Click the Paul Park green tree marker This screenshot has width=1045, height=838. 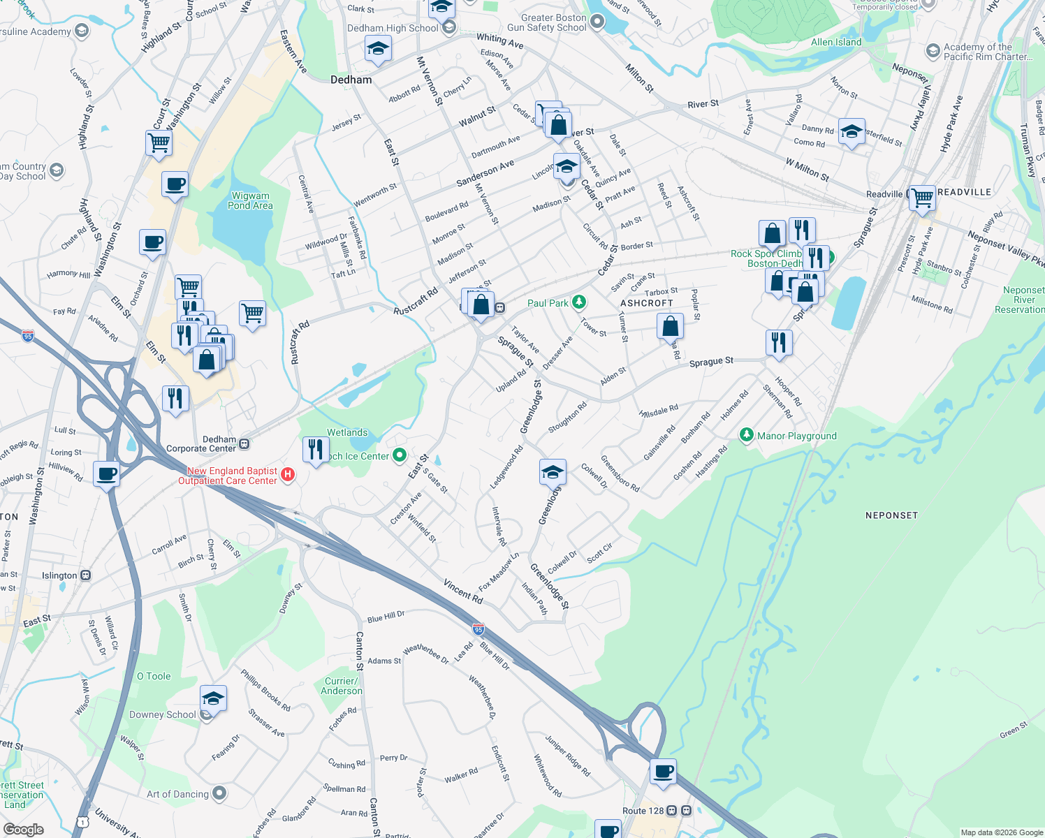click(578, 302)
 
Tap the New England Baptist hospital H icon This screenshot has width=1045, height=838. click(287, 476)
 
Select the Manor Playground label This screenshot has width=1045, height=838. click(796, 436)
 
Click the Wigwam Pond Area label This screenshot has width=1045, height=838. click(250, 201)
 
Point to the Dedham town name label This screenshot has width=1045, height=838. click(351, 80)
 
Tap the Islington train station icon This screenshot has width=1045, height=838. click(85, 575)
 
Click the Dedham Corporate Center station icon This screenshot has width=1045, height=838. click(244, 443)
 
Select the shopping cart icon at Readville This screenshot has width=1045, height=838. click(922, 198)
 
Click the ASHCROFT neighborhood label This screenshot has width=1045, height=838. click(647, 303)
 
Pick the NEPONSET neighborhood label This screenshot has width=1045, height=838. click(891, 515)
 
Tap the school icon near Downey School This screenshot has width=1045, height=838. click(213, 698)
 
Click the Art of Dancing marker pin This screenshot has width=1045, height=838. click(219, 793)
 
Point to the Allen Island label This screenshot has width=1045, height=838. click(836, 42)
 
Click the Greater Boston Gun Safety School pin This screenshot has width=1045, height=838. click(597, 22)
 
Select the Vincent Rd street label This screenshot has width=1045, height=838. click(463, 593)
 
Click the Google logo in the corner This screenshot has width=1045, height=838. click(23, 830)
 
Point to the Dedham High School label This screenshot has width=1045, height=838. click(393, 28)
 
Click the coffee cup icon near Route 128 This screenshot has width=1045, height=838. click(663, 772)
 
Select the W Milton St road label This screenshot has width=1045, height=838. click(807, 169)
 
